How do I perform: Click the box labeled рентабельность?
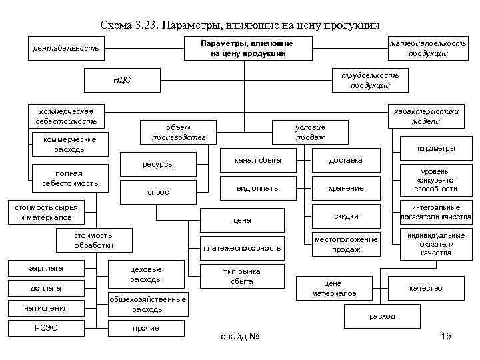coord(66,48)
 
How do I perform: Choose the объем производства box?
coord(179,132)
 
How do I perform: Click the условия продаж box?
coord(309,132)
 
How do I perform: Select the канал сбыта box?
coord(258,160)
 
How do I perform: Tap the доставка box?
coord(346,160)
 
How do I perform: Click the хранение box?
coord(346,188)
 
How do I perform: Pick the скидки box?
coord(346,216)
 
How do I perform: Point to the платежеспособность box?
coord(241,248)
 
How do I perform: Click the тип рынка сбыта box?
coord(241,276)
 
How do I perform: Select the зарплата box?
coord(46,268)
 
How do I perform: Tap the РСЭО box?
coord(46,328)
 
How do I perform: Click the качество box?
coord(426,288)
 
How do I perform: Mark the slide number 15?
coord(446,336)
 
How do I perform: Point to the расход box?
coord(384,316)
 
